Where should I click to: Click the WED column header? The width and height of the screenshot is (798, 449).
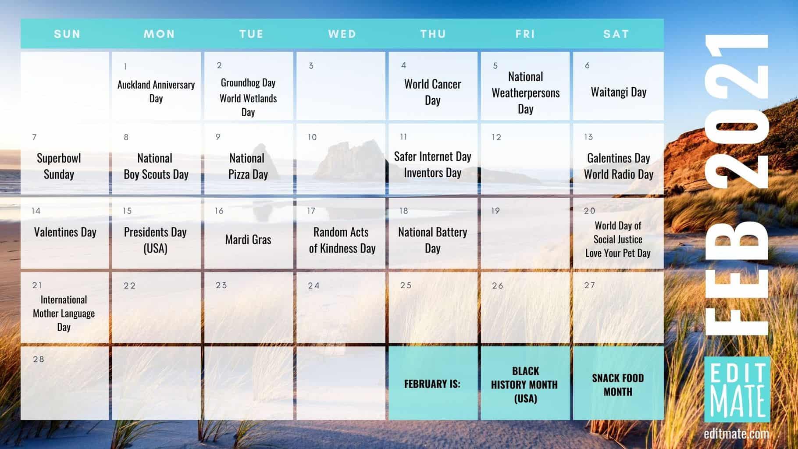[x=342, y=34]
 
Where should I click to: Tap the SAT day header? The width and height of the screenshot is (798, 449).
[x=616, y=34]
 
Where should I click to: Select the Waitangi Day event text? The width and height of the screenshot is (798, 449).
[x=618, y=92]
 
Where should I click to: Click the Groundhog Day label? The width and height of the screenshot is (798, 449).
[x=248, y=83]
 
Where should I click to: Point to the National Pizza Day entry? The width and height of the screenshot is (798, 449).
[x=248, y=166]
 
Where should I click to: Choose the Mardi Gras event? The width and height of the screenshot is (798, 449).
[x=248, y=239]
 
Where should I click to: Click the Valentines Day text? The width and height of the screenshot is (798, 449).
[x=65, y=232]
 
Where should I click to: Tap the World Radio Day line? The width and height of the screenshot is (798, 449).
[x=618, y=175]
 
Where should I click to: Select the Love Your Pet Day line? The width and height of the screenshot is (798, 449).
[x=618, y=253]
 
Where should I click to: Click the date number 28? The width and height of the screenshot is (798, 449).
[x=39, y=359]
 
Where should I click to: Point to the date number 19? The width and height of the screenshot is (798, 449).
[x=495, y=211]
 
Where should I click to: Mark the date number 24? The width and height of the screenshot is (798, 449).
[x=313, y=286]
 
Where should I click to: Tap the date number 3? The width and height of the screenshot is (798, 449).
[x=311, y=66]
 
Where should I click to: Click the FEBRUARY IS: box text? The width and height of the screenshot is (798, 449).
[x=432, y=384]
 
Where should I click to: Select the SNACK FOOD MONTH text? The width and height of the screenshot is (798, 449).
[x=618, y=385]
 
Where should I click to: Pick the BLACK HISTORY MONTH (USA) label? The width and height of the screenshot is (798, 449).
[x=525, y=385]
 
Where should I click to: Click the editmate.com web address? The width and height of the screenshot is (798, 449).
[x=736, y=434]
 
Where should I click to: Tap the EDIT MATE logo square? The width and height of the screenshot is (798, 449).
[x=737, y=389]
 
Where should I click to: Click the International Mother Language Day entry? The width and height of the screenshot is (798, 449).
[x=64, y=313]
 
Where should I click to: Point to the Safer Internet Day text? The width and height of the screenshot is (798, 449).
[x=432, y=157]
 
